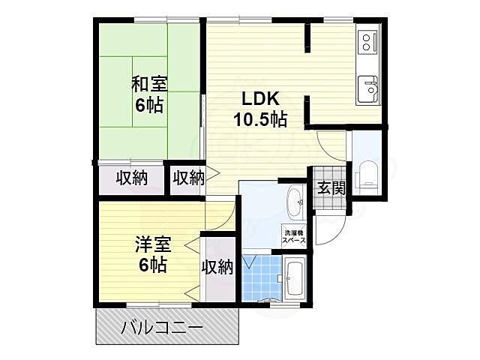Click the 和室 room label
[x=150, y=82]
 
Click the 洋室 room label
[x=154, y=244]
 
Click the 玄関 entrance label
[x=330, y=188]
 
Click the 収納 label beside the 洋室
[x=217, y=266]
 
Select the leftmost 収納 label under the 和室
[x=130, y=178]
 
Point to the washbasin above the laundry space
[x=294, y=200]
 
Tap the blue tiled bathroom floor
[x=262, y=277]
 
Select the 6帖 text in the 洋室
[x=154, y=265]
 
